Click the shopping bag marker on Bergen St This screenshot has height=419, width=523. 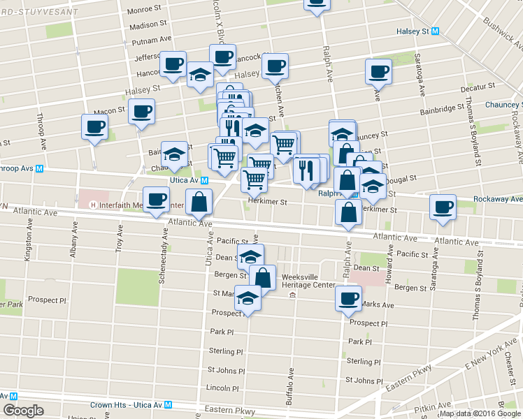point(263,277)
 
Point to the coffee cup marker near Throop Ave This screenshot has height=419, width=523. point(95,127)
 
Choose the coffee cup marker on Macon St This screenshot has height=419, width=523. point(142,112)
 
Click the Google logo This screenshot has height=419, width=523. point(23,411)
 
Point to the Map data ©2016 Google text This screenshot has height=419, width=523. point(480,413)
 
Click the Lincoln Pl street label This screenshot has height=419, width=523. point(224,388)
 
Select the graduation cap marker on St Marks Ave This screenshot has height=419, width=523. point(248,298)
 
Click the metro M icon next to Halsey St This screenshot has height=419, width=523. point(435,31)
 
